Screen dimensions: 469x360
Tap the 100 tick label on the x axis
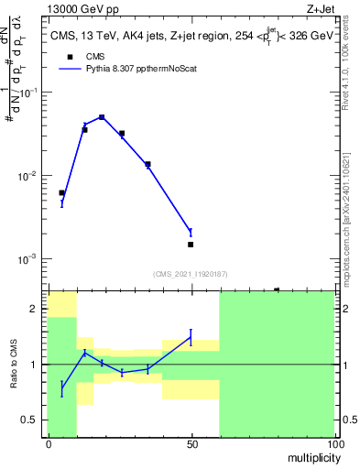point(335,444)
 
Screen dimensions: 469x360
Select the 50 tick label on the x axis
point(191,444)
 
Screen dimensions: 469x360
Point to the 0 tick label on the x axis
point(49,444)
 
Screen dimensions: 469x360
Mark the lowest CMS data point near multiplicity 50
point(191,245)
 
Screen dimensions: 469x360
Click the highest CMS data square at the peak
point(102,117)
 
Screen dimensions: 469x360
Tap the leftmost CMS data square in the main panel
point(61,192)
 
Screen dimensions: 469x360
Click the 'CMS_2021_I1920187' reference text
point(191,273)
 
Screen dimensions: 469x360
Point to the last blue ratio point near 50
point(191,337)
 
